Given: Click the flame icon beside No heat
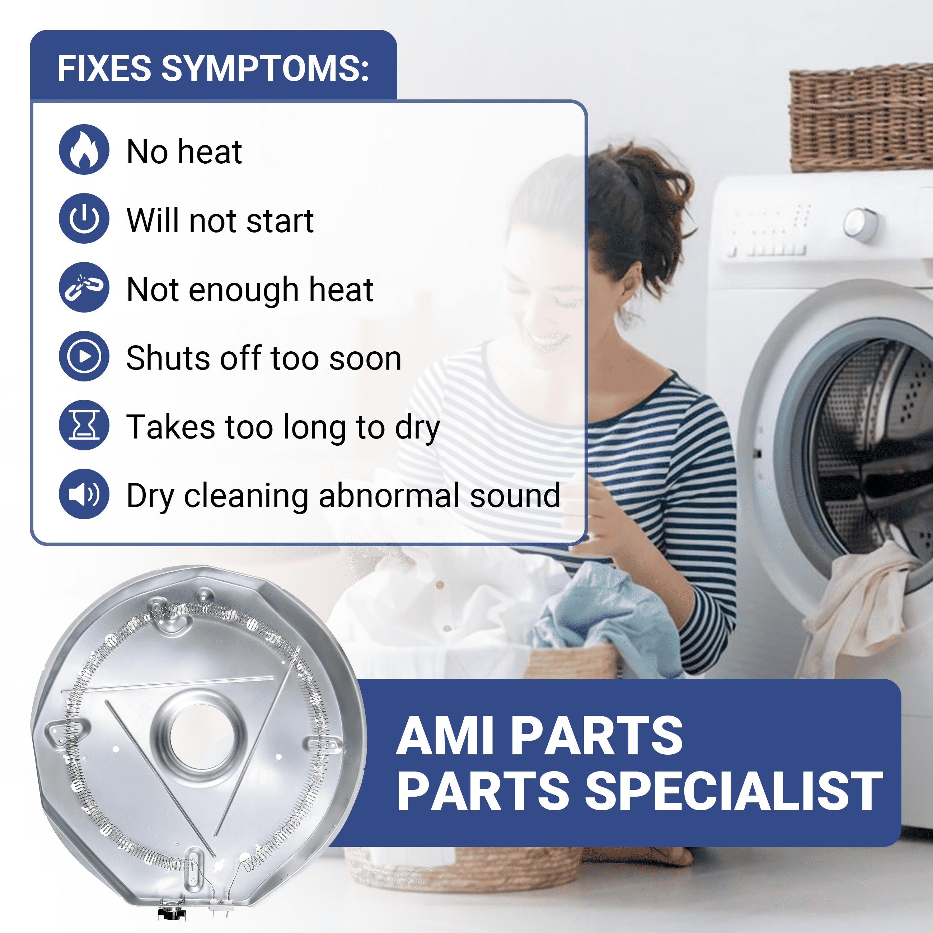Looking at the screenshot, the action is coord(84,149).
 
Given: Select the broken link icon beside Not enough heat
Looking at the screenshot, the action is coord(84,287).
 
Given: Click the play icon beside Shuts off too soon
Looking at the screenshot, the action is coord(84,356).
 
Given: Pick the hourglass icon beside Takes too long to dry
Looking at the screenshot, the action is coord(84,425).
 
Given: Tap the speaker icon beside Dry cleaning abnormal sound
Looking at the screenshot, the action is coord(84,494).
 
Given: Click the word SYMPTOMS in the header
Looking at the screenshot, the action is coord(264,68).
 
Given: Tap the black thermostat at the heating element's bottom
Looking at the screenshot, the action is coord(172,912).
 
